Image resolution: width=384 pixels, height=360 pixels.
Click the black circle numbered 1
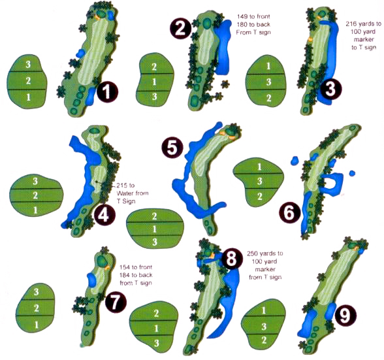[x=106, y=93]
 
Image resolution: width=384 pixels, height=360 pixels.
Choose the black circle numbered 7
[x=114, y=302]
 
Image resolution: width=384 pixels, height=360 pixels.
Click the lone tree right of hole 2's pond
[x=227, y=84]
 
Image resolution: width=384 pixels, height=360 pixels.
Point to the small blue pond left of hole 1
[x=80, y=51]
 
